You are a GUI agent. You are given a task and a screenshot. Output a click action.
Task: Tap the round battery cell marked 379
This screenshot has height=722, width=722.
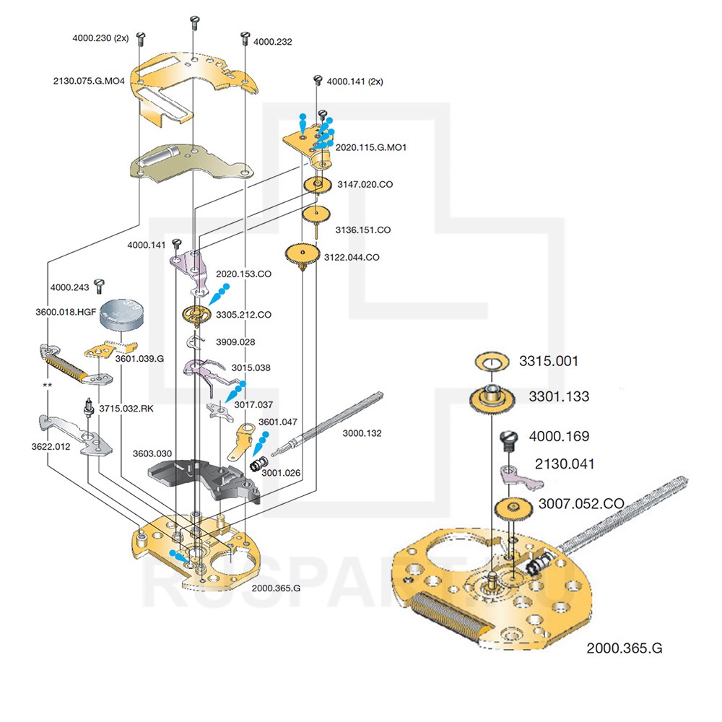pos(119,315)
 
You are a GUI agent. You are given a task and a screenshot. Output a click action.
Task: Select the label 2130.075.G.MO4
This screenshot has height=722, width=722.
pos(90,81)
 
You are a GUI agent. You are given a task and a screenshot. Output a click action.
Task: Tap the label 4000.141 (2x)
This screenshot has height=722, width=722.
pos(355,82)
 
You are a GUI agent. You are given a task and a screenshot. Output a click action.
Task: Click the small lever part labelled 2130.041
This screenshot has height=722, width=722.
pos(513,473)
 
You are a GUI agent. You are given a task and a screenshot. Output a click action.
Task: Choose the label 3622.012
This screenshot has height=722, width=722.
pos(51,447)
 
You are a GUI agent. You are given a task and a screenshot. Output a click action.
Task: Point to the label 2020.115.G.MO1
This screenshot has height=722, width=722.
pos(371,147)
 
